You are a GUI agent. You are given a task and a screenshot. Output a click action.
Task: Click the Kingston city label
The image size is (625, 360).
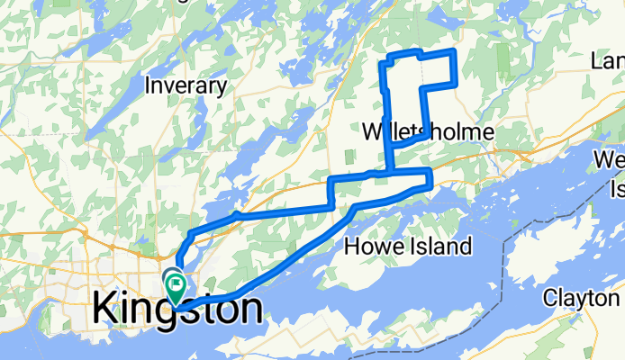point(177,309)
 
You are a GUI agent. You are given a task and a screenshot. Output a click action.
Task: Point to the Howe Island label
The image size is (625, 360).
point(409,246)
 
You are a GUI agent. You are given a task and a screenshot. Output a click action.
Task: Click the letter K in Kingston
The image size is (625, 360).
point(104,309)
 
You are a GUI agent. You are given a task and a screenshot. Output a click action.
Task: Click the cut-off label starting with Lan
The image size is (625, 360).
point(607,61)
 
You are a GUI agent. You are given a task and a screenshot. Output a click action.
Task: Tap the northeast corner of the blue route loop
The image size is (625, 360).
point(453,54)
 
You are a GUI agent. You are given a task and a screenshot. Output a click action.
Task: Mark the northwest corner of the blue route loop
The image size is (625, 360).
point(388,58)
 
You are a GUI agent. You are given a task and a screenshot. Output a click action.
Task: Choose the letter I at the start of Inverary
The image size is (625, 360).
point(149,86)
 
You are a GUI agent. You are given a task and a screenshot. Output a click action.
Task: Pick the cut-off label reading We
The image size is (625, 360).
point(608,160)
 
